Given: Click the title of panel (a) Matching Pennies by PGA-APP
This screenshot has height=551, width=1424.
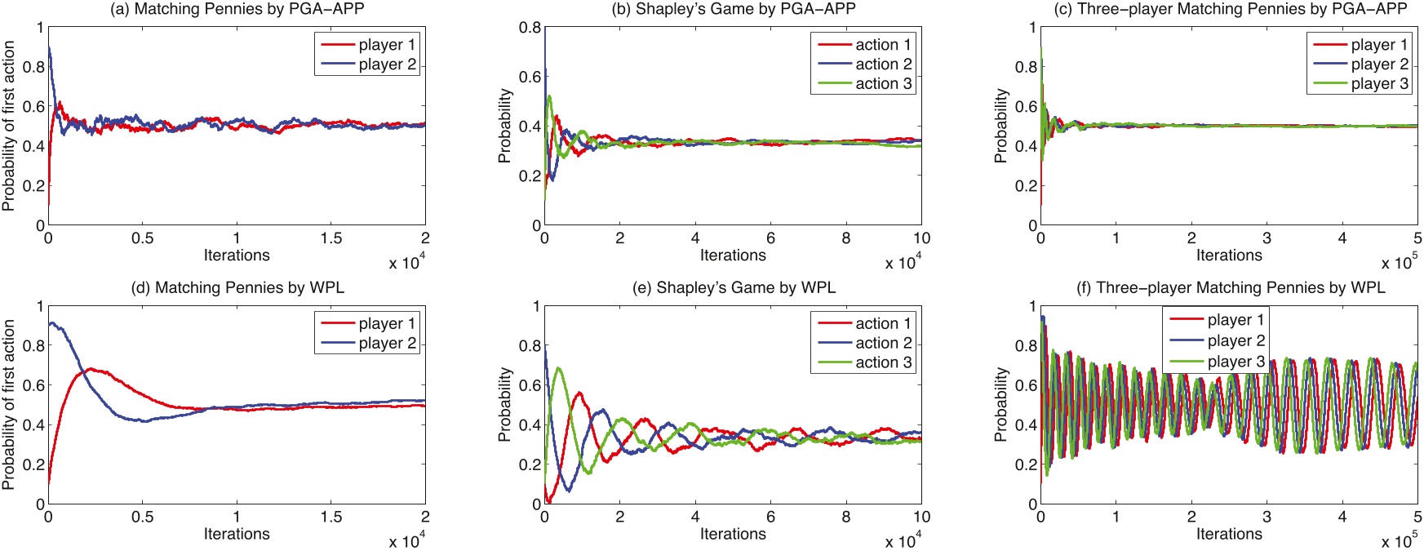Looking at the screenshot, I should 237,9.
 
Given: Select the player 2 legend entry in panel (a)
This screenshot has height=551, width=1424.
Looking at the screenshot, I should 387,64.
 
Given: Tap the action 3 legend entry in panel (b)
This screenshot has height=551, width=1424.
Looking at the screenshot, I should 883,84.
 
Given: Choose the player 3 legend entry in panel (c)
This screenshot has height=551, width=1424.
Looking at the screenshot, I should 1379,84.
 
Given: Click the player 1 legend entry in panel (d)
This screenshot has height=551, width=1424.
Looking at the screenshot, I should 387,324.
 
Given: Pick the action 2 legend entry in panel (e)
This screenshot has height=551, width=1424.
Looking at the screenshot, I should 883,344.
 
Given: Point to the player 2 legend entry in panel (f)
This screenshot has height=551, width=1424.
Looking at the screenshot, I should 1235,341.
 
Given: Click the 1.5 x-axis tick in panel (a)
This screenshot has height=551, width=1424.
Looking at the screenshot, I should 331,238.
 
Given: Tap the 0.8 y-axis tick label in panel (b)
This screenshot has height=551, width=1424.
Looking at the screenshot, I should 530,28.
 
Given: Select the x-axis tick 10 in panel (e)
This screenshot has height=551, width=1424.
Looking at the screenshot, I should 921,517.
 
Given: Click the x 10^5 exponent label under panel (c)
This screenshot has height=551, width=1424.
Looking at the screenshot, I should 1399,263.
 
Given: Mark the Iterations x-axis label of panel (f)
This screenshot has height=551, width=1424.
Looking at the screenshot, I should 1229,534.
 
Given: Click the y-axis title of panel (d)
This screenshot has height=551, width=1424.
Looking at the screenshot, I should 9,405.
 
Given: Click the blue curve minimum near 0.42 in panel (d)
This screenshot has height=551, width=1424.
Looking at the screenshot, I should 144,421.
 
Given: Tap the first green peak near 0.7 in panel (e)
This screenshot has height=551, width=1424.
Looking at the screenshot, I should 559,368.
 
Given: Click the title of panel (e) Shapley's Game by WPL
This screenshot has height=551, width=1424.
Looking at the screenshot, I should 733,287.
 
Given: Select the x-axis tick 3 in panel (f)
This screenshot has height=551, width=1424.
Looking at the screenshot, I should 1267,517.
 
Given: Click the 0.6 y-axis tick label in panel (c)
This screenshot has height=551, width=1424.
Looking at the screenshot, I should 1026,107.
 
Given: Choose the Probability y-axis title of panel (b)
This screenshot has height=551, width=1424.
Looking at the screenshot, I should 505,126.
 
